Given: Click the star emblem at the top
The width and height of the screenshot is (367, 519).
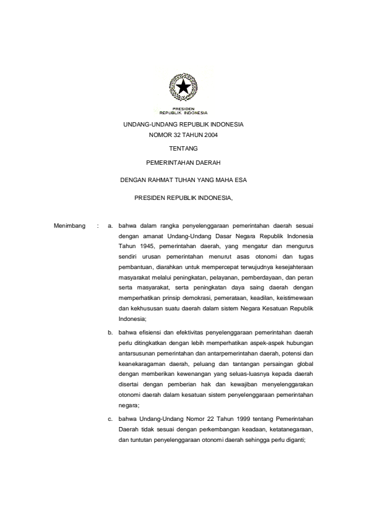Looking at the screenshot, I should pyautogui.click(x=183, y=89).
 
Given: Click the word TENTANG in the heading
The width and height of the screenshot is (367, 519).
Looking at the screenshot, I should pyautogui.click(x=183, y=149).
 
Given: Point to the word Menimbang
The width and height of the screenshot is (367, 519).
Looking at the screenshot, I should pyautogui.click(x=68, y=226).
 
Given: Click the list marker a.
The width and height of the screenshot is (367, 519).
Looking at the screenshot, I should pyautogui.click(x=110, y=226).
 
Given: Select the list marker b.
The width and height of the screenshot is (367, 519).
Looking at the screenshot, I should pyautogui.click(x=110, y=331).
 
